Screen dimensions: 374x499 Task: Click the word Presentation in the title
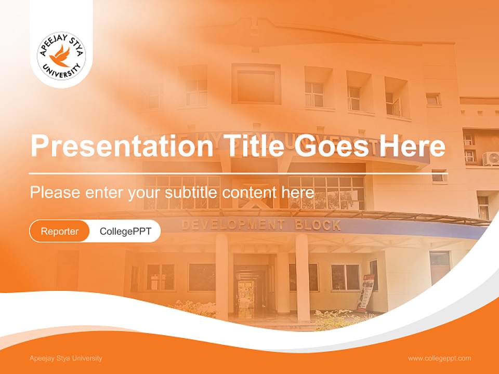pos(121,146)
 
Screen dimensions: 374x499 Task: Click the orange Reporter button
pos(59,231)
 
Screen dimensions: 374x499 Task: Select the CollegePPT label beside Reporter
pos(125,231)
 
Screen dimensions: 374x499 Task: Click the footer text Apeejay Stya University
pos(66,358)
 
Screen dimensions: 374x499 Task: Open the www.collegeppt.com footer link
pos(439,358)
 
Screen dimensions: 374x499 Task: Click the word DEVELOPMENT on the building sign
pos(232,225)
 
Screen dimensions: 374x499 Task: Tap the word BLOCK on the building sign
pos(318,225)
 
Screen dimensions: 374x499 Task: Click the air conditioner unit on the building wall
pos(491,158)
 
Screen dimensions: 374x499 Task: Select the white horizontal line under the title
pos(231,173)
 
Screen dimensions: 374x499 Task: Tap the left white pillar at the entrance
pos(222,275)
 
